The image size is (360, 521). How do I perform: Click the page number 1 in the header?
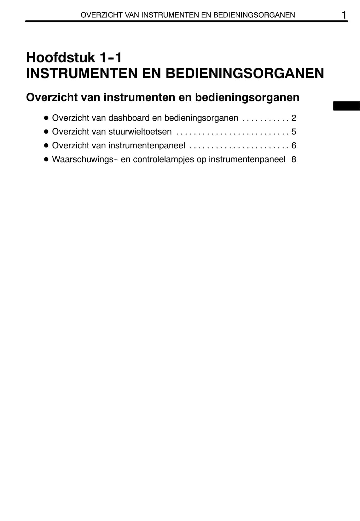pos(344,14)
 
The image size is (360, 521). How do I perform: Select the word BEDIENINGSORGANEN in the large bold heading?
pos(245,73)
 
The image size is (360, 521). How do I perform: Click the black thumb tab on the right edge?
pos(346,106)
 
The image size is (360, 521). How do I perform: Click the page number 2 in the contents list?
pos(294,118)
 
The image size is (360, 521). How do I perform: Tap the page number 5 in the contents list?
pos(294,132)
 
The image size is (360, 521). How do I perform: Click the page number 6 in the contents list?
pos(294,146)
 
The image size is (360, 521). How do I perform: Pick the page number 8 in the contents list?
pos(294,159)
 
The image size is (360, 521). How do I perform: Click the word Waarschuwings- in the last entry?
pos(85,159)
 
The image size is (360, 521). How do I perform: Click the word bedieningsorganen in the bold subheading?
pos(247,97)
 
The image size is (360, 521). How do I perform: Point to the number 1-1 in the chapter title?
pos(110,57)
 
